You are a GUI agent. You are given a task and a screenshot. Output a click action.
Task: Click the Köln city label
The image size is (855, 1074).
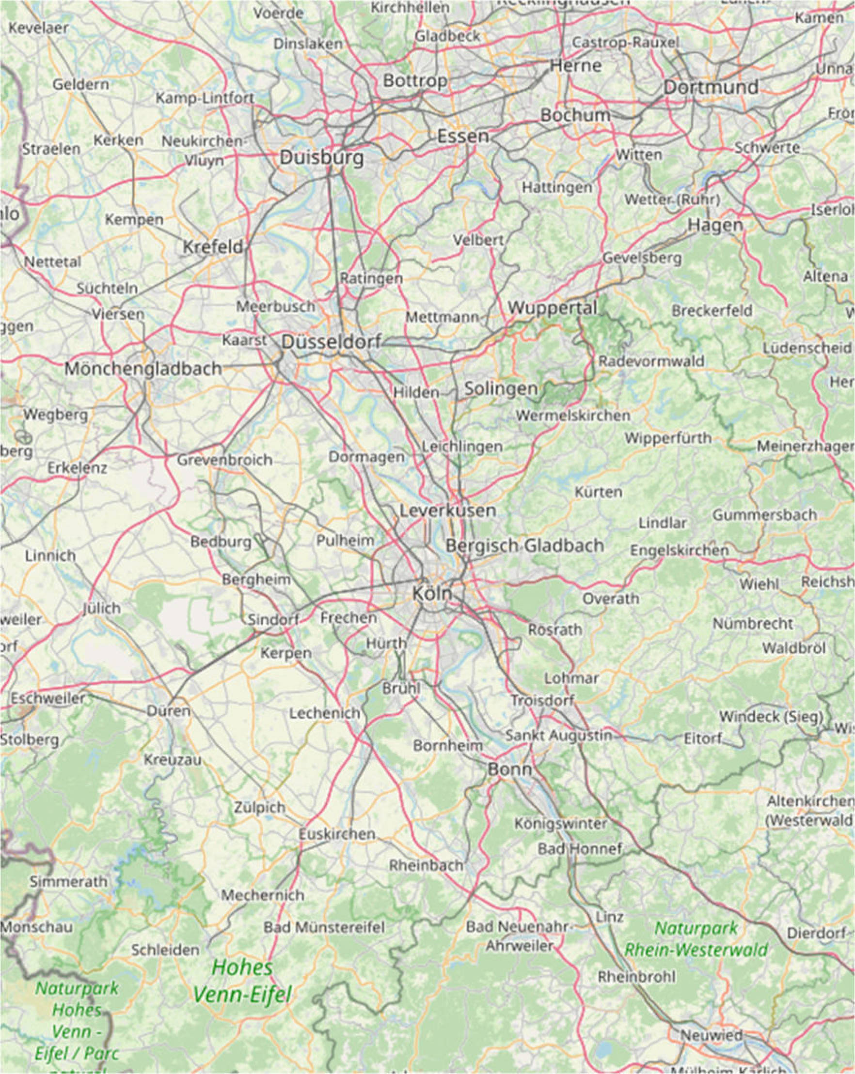pos(432,593)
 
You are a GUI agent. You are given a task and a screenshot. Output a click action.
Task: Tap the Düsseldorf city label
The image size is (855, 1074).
pos(331,342)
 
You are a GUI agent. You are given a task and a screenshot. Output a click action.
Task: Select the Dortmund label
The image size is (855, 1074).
pos(711,87)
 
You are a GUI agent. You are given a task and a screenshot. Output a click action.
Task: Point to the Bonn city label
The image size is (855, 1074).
pos(509,769)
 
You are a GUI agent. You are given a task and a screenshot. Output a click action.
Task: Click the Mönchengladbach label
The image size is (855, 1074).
pos(143,368)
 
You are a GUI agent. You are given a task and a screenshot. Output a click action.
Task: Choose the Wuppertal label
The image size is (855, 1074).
pos(553,308)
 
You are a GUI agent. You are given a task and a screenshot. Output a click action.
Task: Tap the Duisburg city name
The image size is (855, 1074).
pos(321,157)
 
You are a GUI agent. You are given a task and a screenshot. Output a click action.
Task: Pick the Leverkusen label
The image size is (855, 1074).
pos(448,510)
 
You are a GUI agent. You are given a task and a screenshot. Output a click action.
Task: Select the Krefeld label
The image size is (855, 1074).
pos(213,246)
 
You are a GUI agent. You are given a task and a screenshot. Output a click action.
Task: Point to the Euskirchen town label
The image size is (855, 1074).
pos(337,834)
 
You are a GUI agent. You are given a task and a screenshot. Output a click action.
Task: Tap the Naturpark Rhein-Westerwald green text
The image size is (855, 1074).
pos(696,938)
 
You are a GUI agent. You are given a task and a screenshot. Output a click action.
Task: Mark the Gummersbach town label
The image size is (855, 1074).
pos(765,515)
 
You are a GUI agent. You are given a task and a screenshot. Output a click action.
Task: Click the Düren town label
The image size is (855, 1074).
pos(169,711)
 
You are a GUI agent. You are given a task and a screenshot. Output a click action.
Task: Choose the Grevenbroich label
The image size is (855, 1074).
pos(224,460)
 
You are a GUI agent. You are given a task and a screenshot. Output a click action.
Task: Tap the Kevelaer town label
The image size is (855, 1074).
pos(38,28)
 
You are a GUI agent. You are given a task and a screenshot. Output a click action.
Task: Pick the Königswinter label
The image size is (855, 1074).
pos(560,824)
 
